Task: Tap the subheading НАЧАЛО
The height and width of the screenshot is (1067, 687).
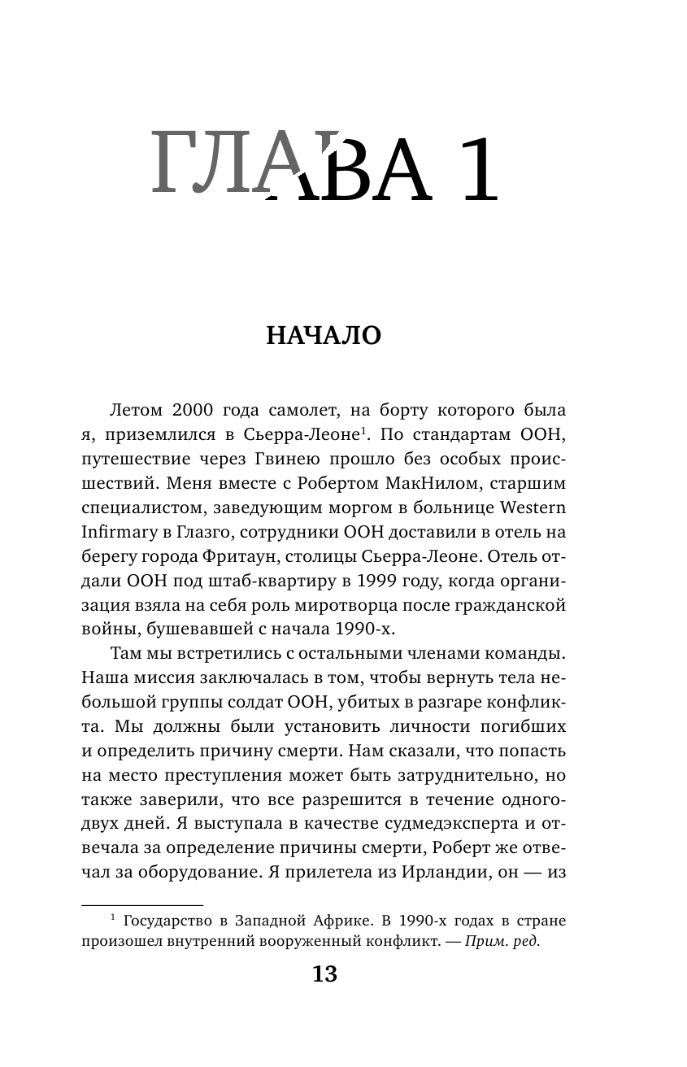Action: coord(324,336)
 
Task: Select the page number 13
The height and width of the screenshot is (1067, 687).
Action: coord(324,975)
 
